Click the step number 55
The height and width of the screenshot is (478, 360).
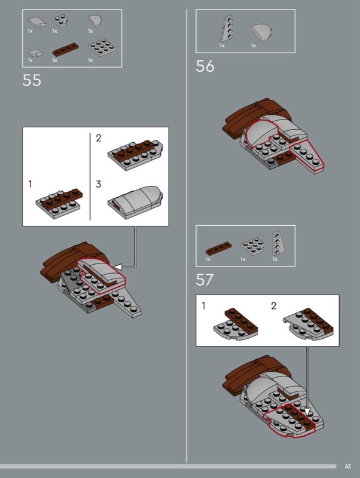tap(32, 80)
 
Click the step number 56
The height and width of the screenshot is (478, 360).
tap(205, 66)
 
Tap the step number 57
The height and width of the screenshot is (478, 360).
tap(205, 280)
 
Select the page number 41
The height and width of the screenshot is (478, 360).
tap(347, 466)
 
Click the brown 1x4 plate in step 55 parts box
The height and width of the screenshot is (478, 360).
tap(65, 50)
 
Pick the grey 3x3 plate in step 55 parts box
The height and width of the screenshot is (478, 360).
tap(102, 47)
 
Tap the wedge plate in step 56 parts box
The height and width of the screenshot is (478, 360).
tap(227, 29)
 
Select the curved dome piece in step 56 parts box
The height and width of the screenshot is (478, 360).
tap(261, 32)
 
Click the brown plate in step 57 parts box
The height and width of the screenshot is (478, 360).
tap(218, 248)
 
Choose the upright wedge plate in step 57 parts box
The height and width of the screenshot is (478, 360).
tap(279, 243)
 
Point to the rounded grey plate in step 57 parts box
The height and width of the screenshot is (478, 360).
tap(252, 246)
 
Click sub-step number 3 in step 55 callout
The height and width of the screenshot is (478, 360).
tap(98, 184)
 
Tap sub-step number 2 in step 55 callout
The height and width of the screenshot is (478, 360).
tap(98, 138)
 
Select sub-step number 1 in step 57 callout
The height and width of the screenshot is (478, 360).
tap(203, 305)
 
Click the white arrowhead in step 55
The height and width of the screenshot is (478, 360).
tap(118, 267)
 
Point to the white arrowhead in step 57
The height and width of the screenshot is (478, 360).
tap(307, 412)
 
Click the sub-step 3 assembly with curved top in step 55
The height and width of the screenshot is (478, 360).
tap(135, 202)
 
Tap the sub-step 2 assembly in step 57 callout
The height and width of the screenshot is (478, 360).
tap(308, 324)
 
